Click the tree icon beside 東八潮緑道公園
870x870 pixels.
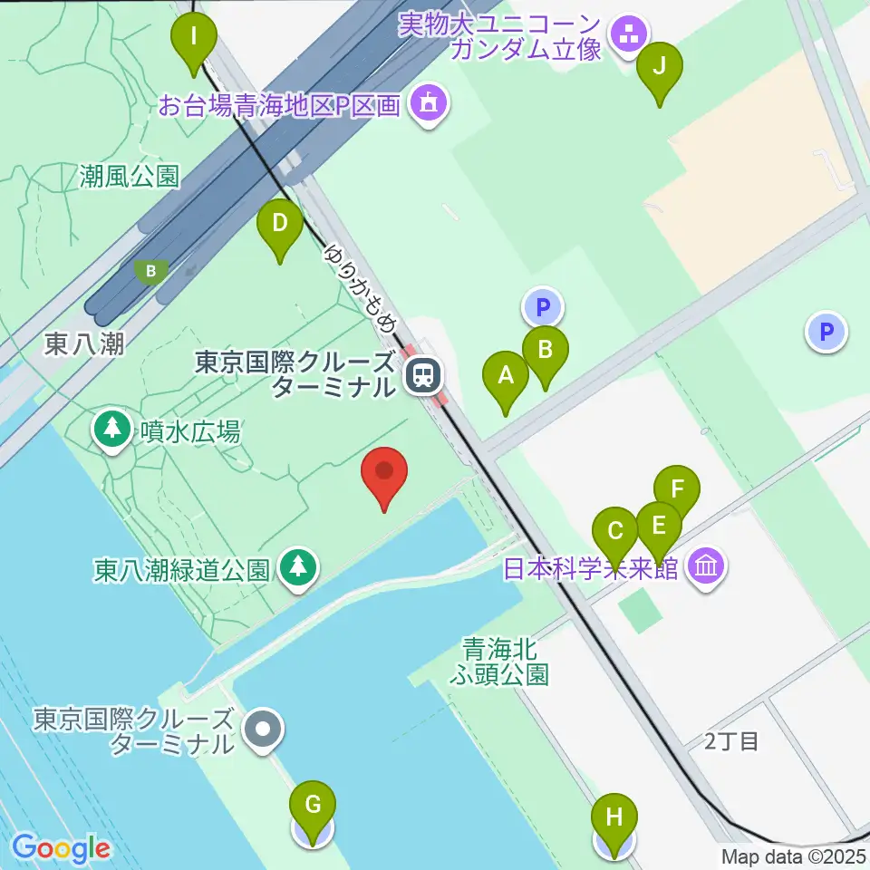point(296,568)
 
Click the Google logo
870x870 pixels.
point(61,848)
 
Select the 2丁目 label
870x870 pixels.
point(730,741)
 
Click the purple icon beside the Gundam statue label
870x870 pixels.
point(627,36)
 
